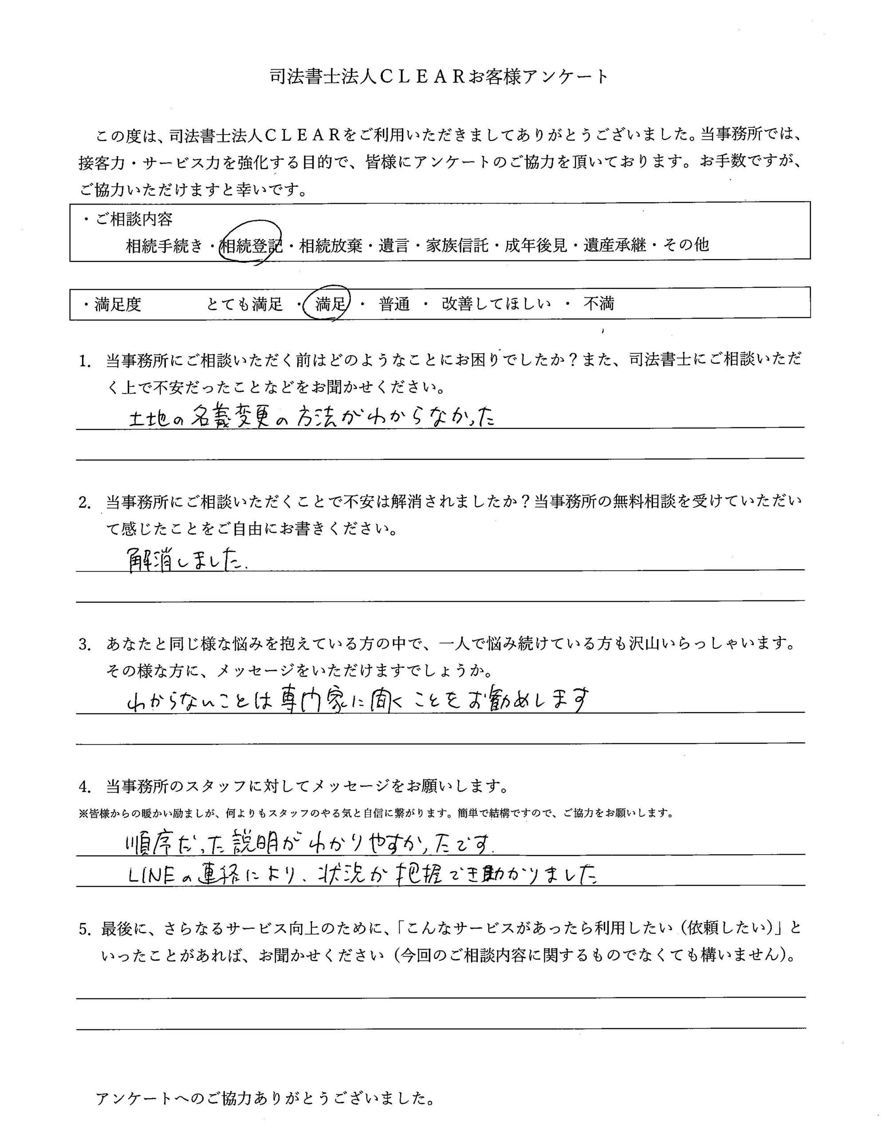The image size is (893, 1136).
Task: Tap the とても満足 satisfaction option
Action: tap(245, 304)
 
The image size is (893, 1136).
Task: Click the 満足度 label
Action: tap(118, 304)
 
